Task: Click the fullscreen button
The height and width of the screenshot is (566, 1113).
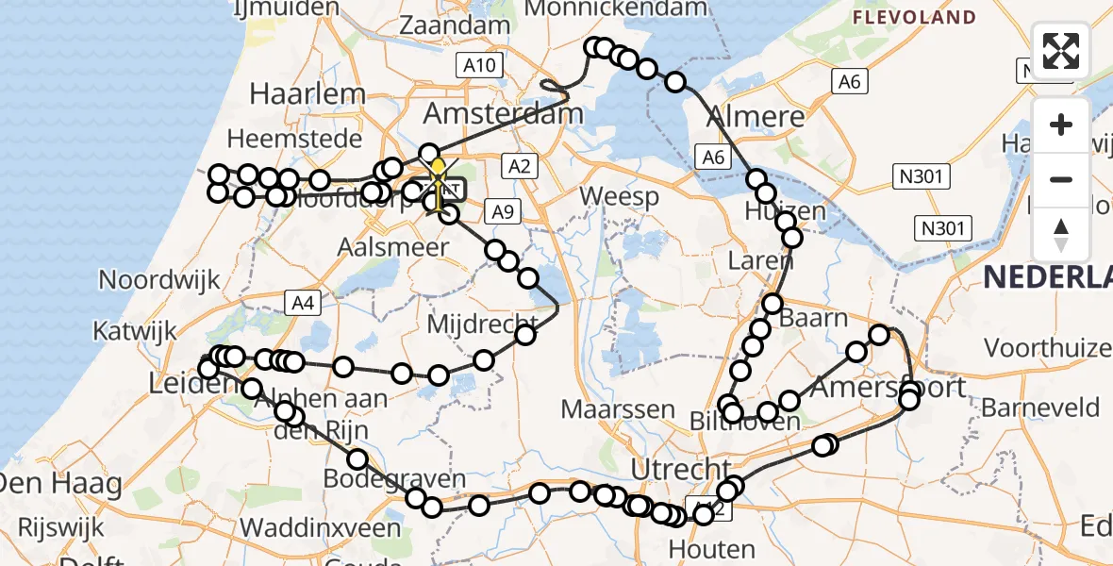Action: point(1061,51)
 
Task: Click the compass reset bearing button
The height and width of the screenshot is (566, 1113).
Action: point(1061,234)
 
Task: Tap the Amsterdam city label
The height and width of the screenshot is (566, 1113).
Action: point(503,114)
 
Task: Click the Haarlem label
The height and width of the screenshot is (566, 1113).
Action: point(307,93)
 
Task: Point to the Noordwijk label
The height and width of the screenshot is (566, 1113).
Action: point(159,280)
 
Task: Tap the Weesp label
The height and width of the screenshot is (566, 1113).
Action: point(619,196)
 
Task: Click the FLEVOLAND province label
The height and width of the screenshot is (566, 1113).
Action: point(913,17)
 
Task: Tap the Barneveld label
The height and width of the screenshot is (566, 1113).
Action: point(1040,408)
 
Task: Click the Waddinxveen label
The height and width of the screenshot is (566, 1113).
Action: point(321,527)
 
